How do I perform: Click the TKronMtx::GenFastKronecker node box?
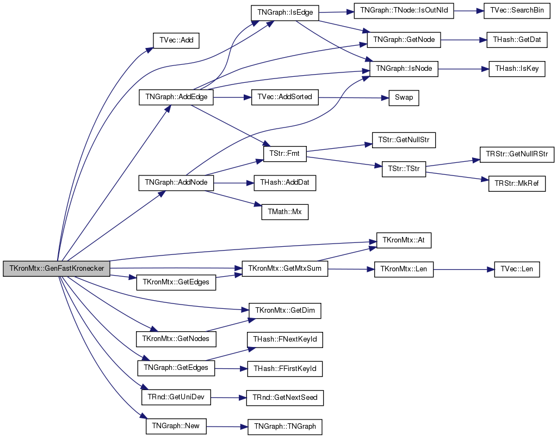(57, 269)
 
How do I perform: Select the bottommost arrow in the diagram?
(227, 427)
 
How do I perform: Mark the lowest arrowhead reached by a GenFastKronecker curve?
(144, 417)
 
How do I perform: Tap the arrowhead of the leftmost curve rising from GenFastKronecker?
(151, 49)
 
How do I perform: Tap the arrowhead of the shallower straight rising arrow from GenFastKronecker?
(163, 193)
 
